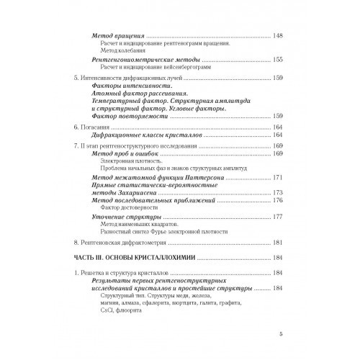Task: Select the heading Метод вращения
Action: [x=120, y=35]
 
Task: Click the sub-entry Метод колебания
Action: [x=117, y=51]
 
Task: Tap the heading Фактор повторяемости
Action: [x=136, y=115]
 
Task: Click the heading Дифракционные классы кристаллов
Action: [x=148, y=135]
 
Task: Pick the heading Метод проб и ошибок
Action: [x=129, y=154]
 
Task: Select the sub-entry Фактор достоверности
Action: [x=128, y=210]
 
